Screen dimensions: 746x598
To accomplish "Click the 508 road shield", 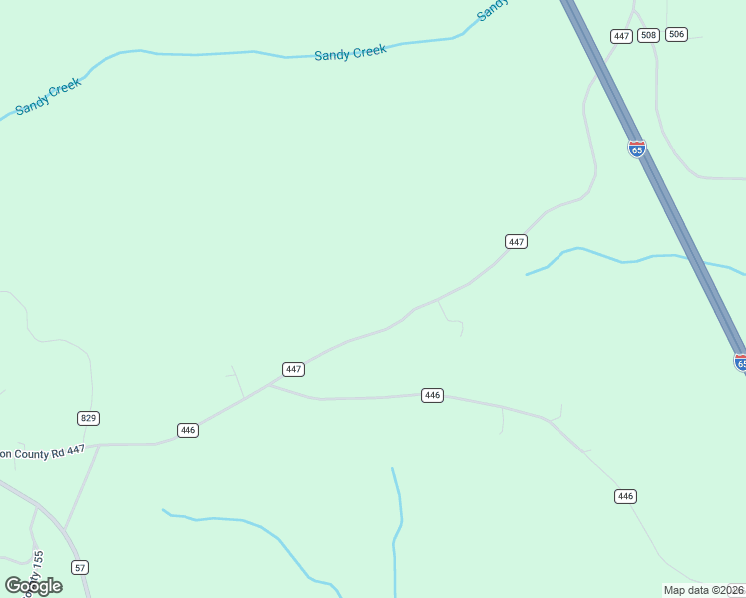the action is (x=648, y=35).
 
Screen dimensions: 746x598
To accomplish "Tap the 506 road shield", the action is (x=677, y=34).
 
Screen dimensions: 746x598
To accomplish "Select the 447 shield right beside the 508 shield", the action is (x=622, y=36).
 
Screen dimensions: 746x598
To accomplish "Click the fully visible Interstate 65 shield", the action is (x=637, y=149).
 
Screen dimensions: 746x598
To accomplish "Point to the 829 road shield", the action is (x=88, y=418).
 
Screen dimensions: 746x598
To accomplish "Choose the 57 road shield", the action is (x=81, y=567).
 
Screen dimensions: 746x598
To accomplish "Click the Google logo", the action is (x=34, y=585).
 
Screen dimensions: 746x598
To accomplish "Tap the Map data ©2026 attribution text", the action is (x=703, y=590).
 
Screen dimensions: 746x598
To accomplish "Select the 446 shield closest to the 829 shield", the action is (x=187, y=430).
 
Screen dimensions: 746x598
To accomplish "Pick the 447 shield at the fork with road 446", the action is (x=293, y=369).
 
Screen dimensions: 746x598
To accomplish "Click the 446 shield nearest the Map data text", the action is (x=625, y=496).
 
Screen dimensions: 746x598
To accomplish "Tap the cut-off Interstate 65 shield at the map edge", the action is (x=740, y=362).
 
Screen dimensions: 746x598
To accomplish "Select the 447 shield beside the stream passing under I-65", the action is (x=516, y=242).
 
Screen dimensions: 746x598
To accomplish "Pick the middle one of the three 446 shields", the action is (x=432, y=395).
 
